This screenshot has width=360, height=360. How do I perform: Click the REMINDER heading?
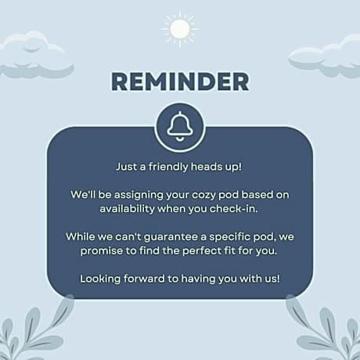(180, 81)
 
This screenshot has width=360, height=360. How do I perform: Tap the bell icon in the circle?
(180, 127)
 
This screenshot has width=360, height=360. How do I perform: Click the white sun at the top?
(180, 29)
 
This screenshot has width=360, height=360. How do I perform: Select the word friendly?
(168, 167)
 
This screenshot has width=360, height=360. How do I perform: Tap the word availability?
(127, 209)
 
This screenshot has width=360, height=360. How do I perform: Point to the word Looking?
(100, 279)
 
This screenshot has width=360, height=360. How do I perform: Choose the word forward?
(144, 279)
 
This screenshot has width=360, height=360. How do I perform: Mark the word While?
(80, 236)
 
